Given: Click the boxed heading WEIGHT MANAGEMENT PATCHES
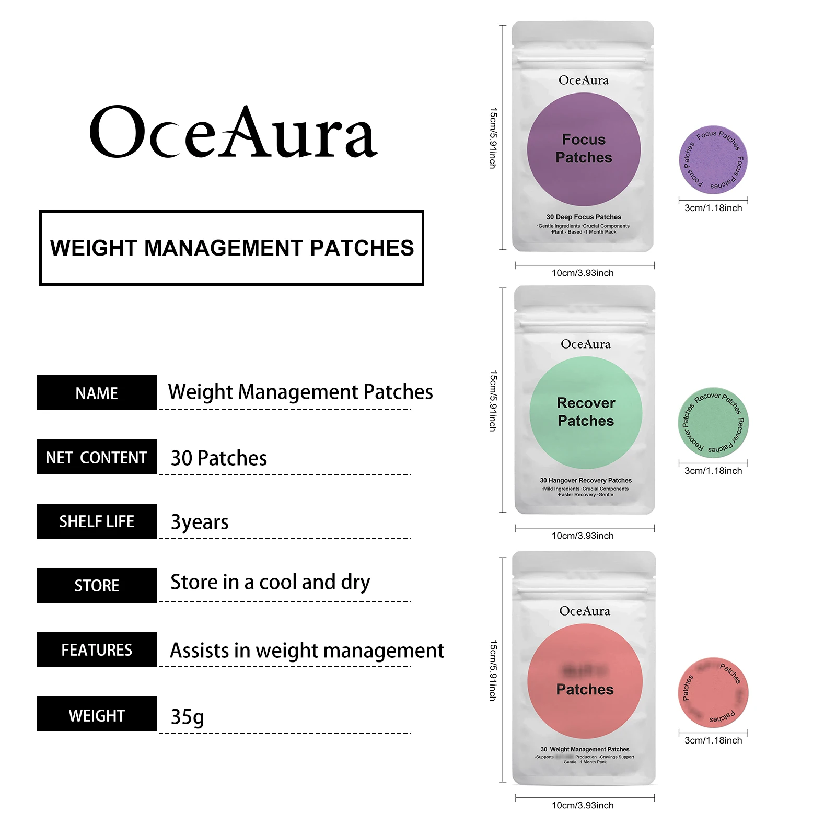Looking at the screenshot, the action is pos(231,248).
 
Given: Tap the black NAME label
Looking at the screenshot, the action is pos(97,393).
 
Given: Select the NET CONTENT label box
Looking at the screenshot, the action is pos(97,457).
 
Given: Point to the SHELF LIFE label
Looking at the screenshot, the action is pos(97,521).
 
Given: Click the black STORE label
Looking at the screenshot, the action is pos(97,586).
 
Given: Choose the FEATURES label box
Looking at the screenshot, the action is pos(97,650).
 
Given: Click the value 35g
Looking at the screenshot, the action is pos(187,717).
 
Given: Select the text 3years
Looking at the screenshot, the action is pos(200,522).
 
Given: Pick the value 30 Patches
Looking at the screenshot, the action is pos(218,458).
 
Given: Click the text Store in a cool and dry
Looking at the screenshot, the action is pos(270,582).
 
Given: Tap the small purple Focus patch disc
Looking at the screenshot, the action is pos(713,160).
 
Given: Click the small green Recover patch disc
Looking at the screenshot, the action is pos(713,423).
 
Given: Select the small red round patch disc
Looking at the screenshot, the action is pos(713,692).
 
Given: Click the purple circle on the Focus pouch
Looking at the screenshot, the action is pos(584,149).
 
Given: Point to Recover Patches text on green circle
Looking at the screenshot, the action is pos(586,412).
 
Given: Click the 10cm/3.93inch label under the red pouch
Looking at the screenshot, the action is pos(583,805).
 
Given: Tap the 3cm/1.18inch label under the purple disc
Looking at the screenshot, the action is pos(713,208).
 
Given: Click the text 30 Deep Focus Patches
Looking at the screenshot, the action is pos(584,217).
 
